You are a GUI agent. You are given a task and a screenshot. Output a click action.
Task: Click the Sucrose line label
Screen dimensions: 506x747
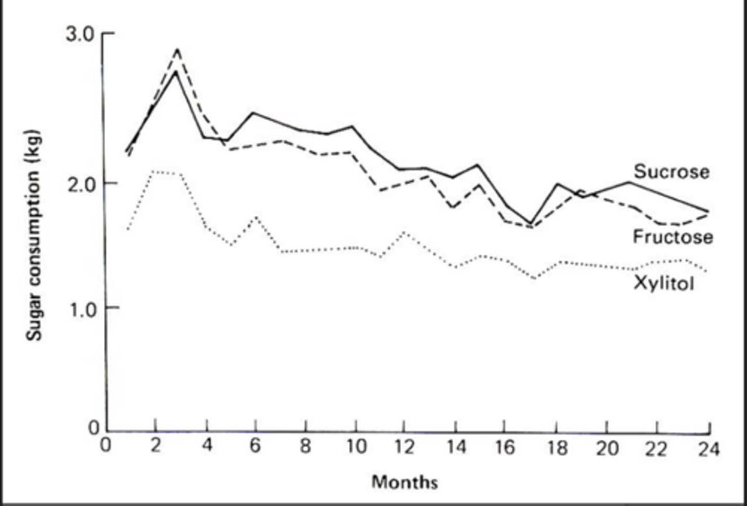(x=671, y=172)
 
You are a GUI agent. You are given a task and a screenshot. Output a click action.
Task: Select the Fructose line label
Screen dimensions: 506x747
(x=673, y=237)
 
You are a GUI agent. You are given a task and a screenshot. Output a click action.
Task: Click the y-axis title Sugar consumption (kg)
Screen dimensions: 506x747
(x=34, y=235)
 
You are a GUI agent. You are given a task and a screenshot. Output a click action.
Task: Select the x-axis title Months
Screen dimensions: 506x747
(x=405, y=482)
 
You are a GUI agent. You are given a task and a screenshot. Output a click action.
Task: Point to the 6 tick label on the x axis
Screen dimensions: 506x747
(x=255, y=446)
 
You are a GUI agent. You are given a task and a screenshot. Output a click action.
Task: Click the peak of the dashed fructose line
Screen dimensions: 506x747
(x=177, y=49)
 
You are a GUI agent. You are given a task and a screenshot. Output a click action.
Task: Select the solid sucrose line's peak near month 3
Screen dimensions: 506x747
(x=176, y=71)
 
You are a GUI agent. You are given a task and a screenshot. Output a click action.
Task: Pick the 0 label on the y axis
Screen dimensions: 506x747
(x=93, y=428)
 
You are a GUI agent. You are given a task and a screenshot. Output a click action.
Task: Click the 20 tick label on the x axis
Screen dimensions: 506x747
(x=606, y=448)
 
